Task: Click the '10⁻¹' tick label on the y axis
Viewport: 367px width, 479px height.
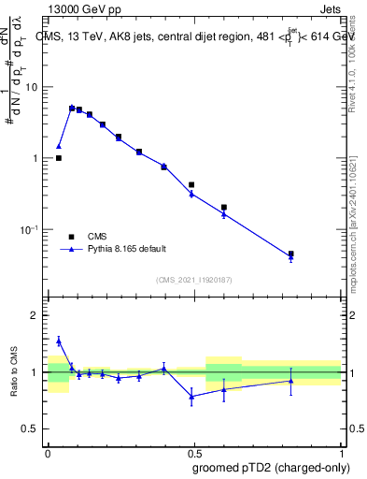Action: (x=30, y=229)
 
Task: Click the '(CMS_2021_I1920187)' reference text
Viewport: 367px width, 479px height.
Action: (x=194, y=280)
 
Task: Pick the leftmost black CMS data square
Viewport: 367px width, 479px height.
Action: (x=59, y=158)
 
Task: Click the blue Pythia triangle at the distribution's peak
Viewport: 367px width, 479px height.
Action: (x=72, y=108)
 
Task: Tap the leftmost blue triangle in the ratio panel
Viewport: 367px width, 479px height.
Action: (x=59, y=341)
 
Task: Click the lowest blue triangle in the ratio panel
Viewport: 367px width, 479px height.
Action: (x=192, y=397)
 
